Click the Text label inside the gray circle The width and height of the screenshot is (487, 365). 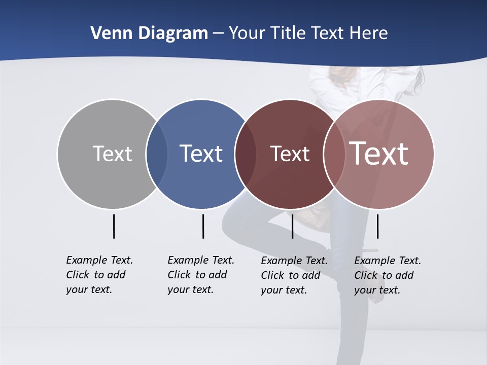click(x=112, y=154)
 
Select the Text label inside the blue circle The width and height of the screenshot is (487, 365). click(x=201, y=154)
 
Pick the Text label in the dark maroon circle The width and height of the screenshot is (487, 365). click(x=290, y=154)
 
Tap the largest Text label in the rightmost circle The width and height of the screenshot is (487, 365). click(x=378, y=154)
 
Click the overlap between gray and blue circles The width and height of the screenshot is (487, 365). click(x=157, y=154)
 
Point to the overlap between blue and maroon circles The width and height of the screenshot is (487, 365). click(x=246, y=154)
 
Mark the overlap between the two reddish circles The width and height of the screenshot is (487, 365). click(x=334, y=154)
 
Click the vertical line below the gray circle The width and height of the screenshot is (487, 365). click(x=114, y=226)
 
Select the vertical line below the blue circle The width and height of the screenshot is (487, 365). click(x=203, y=226)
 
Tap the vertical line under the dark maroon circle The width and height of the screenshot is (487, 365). click(x=292, y=226)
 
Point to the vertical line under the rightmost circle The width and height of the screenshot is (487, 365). click(x=377, y=226)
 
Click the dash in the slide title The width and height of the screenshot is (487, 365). click(x=218, y=33)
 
